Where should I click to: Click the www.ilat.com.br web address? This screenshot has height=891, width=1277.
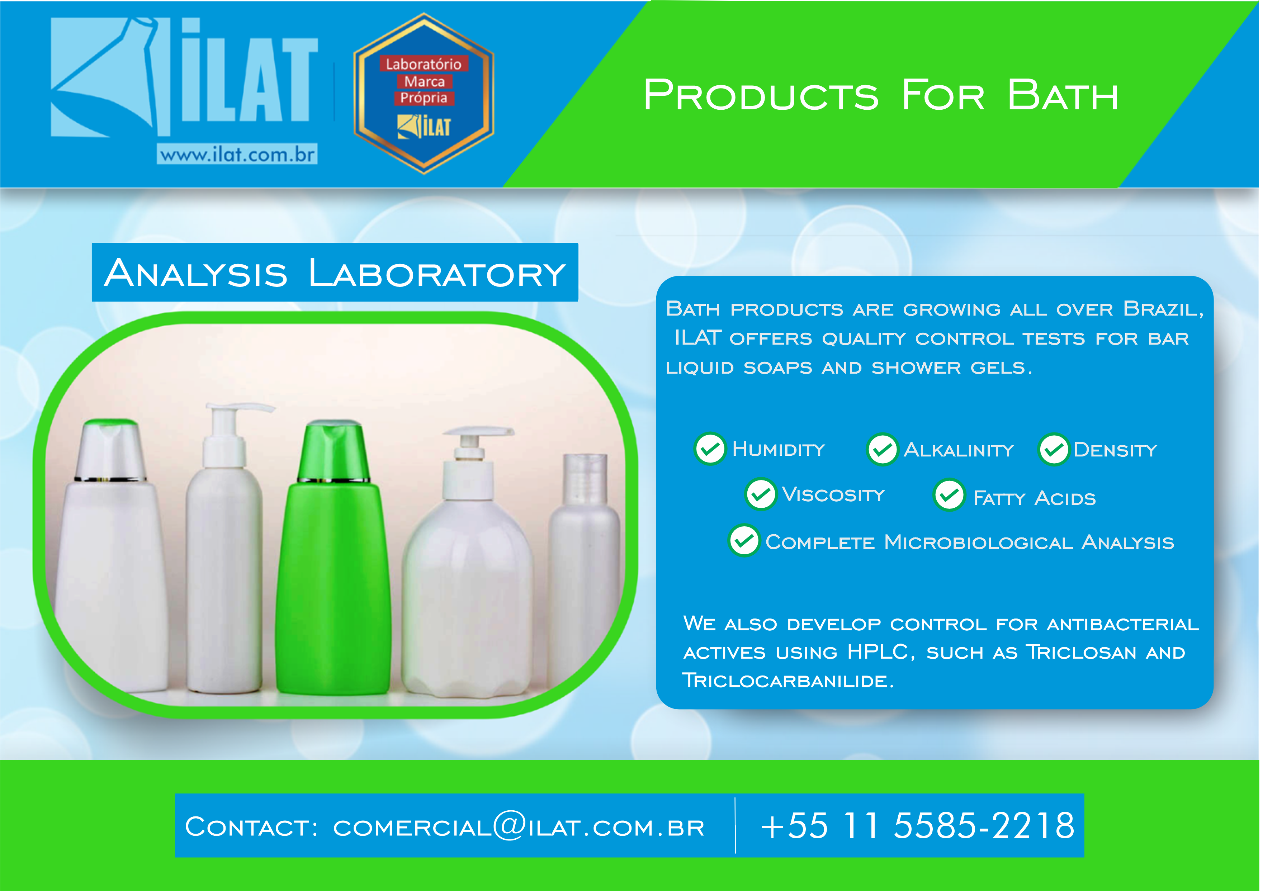(237, 154)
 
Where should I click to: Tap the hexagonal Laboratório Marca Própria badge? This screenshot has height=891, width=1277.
(424, 94)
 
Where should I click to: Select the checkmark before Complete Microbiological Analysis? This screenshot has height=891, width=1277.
(744, 541)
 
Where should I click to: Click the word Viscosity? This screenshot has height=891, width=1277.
(833, 494)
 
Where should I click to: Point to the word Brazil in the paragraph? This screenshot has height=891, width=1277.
(1163, 309)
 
